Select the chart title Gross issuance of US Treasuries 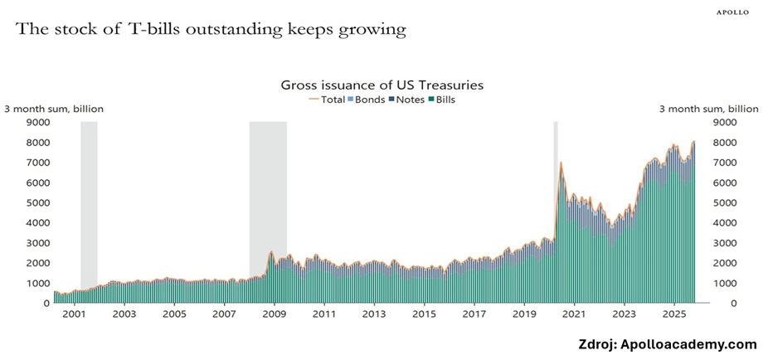click(x=382, y=85)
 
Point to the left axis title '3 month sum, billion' click(x=55, y=109)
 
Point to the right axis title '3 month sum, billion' click(x=708, y=109)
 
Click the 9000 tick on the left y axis click(x=37, y=122)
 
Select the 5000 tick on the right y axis click(x=726, y=202)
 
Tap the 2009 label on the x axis click(x=274, y=315)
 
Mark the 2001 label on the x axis click(x=75, y=315)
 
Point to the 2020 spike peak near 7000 click(x=561, y=163)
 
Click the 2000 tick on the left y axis click(x=37, y=263)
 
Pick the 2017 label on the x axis click(x=474, y=315)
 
